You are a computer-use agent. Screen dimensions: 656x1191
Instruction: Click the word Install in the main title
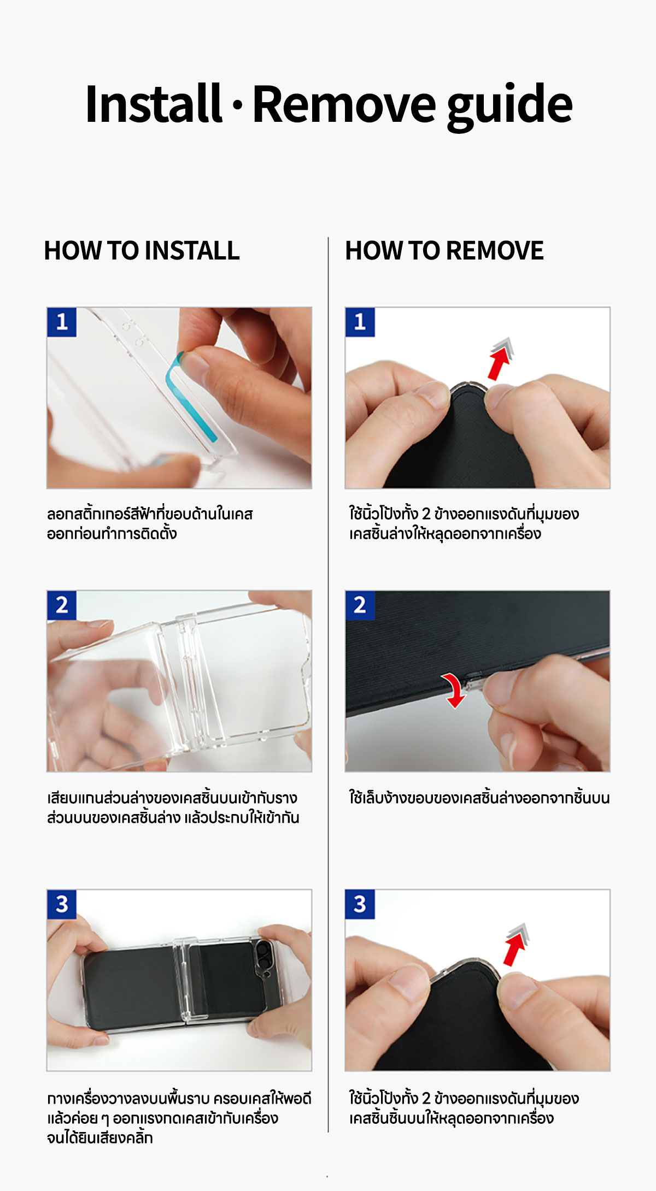(x=154, y=103)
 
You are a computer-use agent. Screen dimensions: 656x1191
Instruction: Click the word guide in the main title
(x=510, y=106)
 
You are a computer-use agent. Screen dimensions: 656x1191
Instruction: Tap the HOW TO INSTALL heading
(x=142, y=251)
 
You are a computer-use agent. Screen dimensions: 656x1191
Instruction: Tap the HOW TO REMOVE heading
(x=444, y=251)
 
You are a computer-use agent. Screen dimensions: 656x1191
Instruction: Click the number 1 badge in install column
(x=62, y=322)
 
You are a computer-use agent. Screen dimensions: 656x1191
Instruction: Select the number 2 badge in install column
(x=62, y=605)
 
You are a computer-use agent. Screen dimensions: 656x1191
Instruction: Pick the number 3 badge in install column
(x=62, y=904)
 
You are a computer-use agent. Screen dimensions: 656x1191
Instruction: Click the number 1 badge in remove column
(x=360, y=322)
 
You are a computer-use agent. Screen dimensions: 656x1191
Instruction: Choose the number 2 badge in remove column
(x=360, y=605)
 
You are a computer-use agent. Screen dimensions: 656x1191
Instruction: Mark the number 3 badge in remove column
(x=360, y=904)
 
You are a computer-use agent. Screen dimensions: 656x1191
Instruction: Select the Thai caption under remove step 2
(x=479, y=798)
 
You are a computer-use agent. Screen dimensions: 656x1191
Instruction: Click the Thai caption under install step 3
(x=179, y=1118)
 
